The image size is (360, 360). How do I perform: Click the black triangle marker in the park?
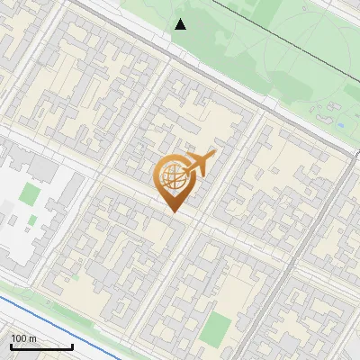(x=181, y=24)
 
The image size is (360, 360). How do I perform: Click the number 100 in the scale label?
(x=19, y=338)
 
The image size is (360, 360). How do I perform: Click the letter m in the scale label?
(x=33, y=338)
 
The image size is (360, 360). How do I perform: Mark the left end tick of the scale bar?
(x=11, y=346)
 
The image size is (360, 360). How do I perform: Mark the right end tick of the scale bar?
(x=72, y=346)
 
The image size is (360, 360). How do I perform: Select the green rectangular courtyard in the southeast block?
(x=213, y=328)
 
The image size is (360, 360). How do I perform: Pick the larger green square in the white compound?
(x=31, y=193)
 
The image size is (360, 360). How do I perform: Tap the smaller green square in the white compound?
(x=31, y=220)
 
